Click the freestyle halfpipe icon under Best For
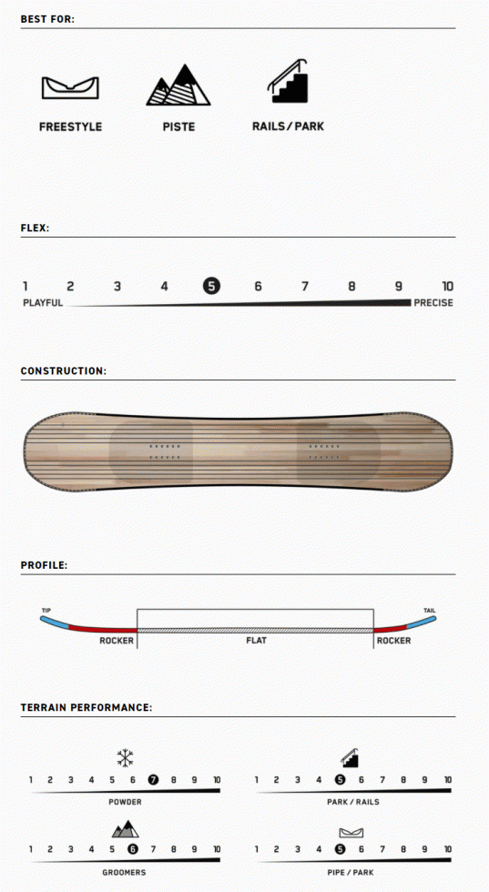tap(70, 87)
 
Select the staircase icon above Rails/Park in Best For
tap(289, 81)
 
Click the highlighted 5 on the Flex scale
tap(210, 286)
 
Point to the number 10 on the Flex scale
tap(447, 286)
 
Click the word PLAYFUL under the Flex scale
tap(43, 302)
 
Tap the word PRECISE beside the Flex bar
tap(433, 302)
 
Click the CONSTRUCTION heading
tap(63, 371)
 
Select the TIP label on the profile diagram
tap(46, 611)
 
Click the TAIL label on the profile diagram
tap(430, 611)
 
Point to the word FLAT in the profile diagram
tap(256, 641)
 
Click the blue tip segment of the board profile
tap(55, 621)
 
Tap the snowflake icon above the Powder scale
tap(125, 757)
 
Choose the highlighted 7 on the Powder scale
tap(153, 780)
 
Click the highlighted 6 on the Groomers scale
tap(133, 849)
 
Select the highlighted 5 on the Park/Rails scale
tap(340, 780)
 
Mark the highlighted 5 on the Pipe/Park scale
tap(340, 849)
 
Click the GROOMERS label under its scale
tap(124, 872)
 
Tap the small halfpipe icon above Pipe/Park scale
tap(351, 833)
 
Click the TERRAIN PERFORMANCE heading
tap(87, 708)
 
